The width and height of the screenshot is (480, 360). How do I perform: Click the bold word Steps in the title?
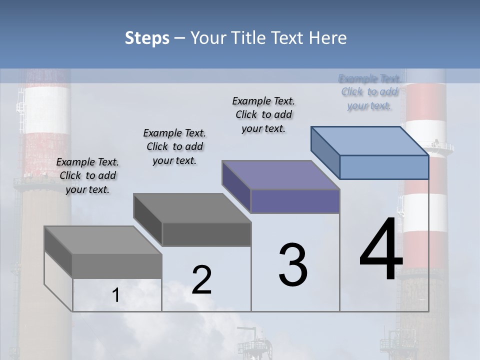click(x=146, y=38)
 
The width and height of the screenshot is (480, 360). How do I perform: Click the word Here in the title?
click(x=328, y=38)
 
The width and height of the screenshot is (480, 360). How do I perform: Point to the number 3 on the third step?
click(x=293, y=264)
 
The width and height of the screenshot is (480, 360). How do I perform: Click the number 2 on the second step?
click(x=201, y=280)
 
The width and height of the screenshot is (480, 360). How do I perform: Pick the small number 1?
click(x=116, y=295)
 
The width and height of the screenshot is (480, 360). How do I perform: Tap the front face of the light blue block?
click(x=384, y=167)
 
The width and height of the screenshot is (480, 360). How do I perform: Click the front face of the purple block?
click(x=295, y=201)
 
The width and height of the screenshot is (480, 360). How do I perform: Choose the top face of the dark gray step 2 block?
click(x=192, y=208)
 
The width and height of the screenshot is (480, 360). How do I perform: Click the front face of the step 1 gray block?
click(x=117, y=266)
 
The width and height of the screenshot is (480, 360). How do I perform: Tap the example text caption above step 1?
click(x=87, y=175)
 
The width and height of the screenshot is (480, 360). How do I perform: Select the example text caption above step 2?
click(x=174, y=146)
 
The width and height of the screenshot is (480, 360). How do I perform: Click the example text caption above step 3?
click(x=263, y=114)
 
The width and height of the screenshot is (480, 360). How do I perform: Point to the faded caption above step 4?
click(x=369, y=92)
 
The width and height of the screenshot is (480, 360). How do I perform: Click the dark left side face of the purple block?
click(x=236, y=182)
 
